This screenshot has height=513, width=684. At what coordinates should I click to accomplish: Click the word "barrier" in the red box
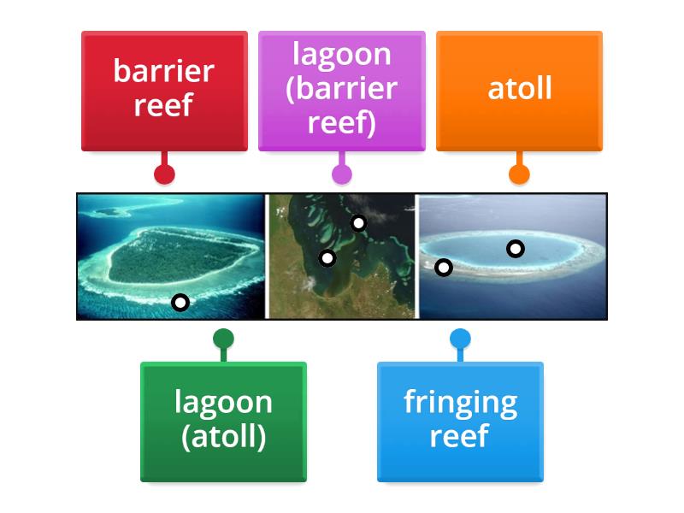click(163, 70)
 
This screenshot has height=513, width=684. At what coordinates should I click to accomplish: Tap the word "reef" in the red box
click(163, 105)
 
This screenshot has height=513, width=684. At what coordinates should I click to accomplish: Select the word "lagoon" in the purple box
click(341, 54)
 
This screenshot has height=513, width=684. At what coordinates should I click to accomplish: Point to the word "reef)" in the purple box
click(341, 123)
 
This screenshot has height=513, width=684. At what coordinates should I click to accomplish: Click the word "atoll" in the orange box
click(519, 88)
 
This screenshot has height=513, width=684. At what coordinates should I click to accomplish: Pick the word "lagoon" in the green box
click(223, 402)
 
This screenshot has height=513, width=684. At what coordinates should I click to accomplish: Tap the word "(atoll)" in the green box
click(223, 437)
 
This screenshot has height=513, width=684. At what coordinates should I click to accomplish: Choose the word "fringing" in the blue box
click(460, 402)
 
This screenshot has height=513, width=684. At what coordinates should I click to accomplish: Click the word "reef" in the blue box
click(460, 437)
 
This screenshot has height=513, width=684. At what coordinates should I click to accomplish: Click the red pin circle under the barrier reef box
click(164, 174)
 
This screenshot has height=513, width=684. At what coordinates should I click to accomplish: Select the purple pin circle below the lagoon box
click(341, 174)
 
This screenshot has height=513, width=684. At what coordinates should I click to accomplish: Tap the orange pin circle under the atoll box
click(519, 174)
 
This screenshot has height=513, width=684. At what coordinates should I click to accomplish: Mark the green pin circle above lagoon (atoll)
click(223, 339)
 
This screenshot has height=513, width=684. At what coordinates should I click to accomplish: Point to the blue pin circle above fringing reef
click(460, 339)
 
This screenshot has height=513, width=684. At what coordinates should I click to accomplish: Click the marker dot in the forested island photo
click(180, 302)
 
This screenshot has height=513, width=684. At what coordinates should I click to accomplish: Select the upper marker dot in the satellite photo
click(358, 223)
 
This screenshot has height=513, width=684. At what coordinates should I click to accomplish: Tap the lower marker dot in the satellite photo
click(327, 257)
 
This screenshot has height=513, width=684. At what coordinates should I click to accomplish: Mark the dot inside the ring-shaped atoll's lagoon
click(515, 249)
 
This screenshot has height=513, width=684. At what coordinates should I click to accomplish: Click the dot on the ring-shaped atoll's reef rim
click(443, 268)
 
